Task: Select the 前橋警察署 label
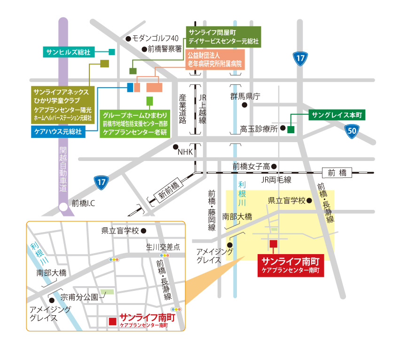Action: coord(165,49)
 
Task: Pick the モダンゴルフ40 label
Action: coord(155,38)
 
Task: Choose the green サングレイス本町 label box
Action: coord(336,115)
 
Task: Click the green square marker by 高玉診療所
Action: coord(291,129)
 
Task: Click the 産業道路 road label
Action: coord(182,108)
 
